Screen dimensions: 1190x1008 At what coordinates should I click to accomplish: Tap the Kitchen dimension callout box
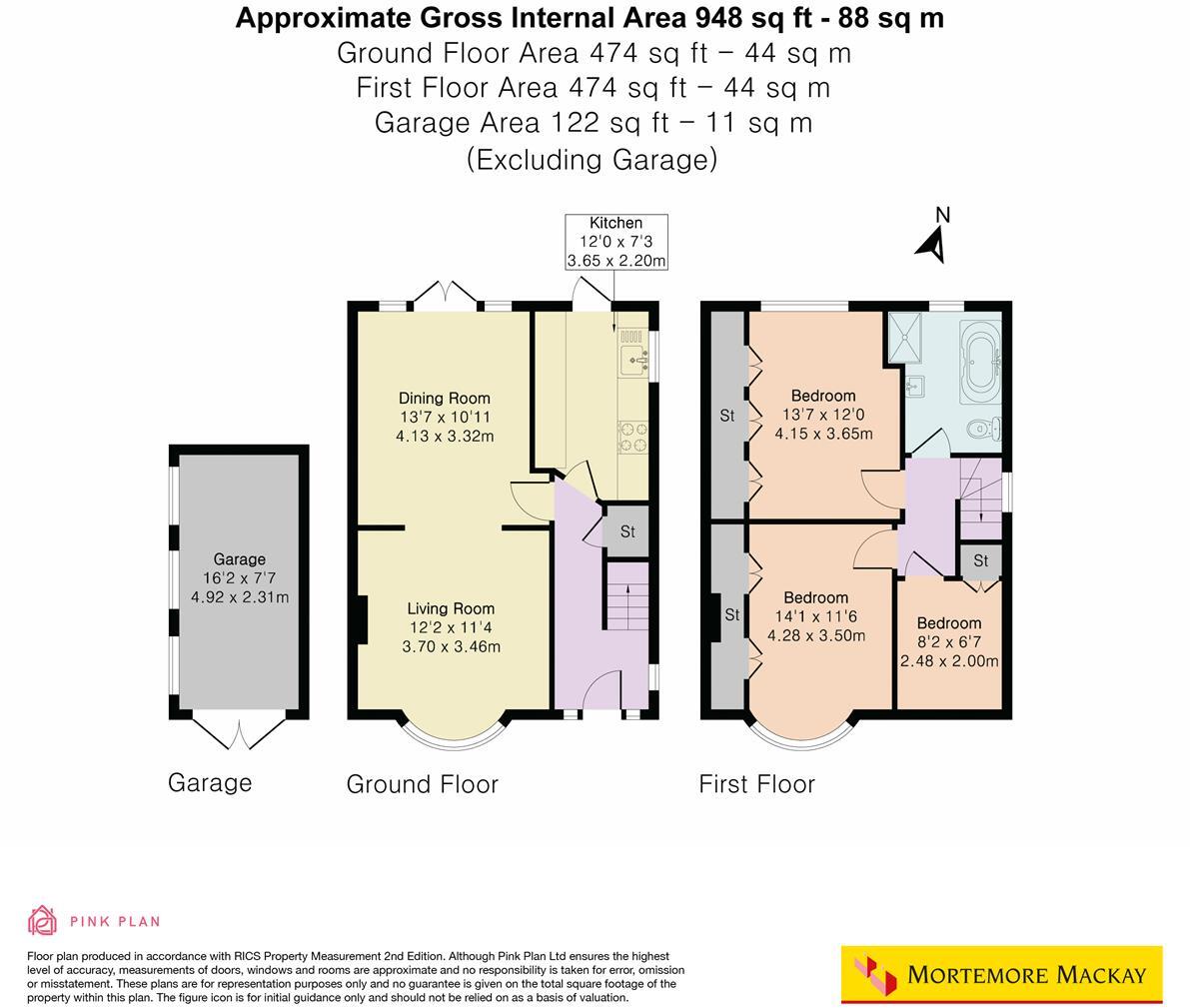pyautogui.click(x=616, y=242)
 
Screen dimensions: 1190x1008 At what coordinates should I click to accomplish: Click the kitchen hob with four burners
pyautogui.click(x=632, y=438)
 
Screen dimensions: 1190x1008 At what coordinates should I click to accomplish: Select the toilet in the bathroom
pyautogui.click(x=985, y=430)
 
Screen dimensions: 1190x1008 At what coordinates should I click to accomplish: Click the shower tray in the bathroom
pyautogui.click(x=905, y=337)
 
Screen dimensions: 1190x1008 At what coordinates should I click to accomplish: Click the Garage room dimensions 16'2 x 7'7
pyautogui.click(x=240, y=578)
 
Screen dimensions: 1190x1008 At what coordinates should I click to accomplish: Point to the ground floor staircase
pyautogui.click(x=626, y=595)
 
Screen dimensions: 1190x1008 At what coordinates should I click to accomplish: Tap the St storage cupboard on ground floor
pyautogui.click(x=626, y=531)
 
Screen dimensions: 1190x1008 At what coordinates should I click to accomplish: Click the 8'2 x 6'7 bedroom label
pyautogui.click(x=949, y=642)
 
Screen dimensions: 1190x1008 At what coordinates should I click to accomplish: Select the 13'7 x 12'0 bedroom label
pyautogui.click(x=823, y=415)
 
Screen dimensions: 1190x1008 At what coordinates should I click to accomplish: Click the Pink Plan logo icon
pyautogui.click(x=43, y=921)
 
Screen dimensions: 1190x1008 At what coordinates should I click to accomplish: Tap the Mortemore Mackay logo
pyautogui.click(x=1002, y=975)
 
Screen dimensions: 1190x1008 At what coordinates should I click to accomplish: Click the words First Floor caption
pyautogui.click(x=756, y=784)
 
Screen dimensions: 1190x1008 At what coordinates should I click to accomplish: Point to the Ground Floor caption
pyautogui.click(x=422, y=784)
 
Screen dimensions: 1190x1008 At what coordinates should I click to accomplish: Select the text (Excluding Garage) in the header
pyautogui.click(x=592, y=160)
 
